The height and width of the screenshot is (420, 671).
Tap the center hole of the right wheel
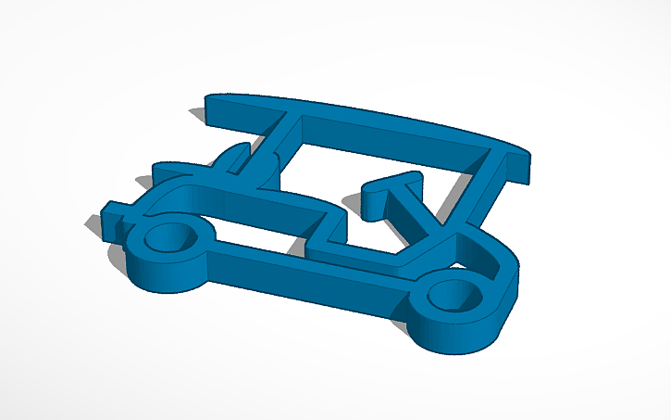tap(454, 295)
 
